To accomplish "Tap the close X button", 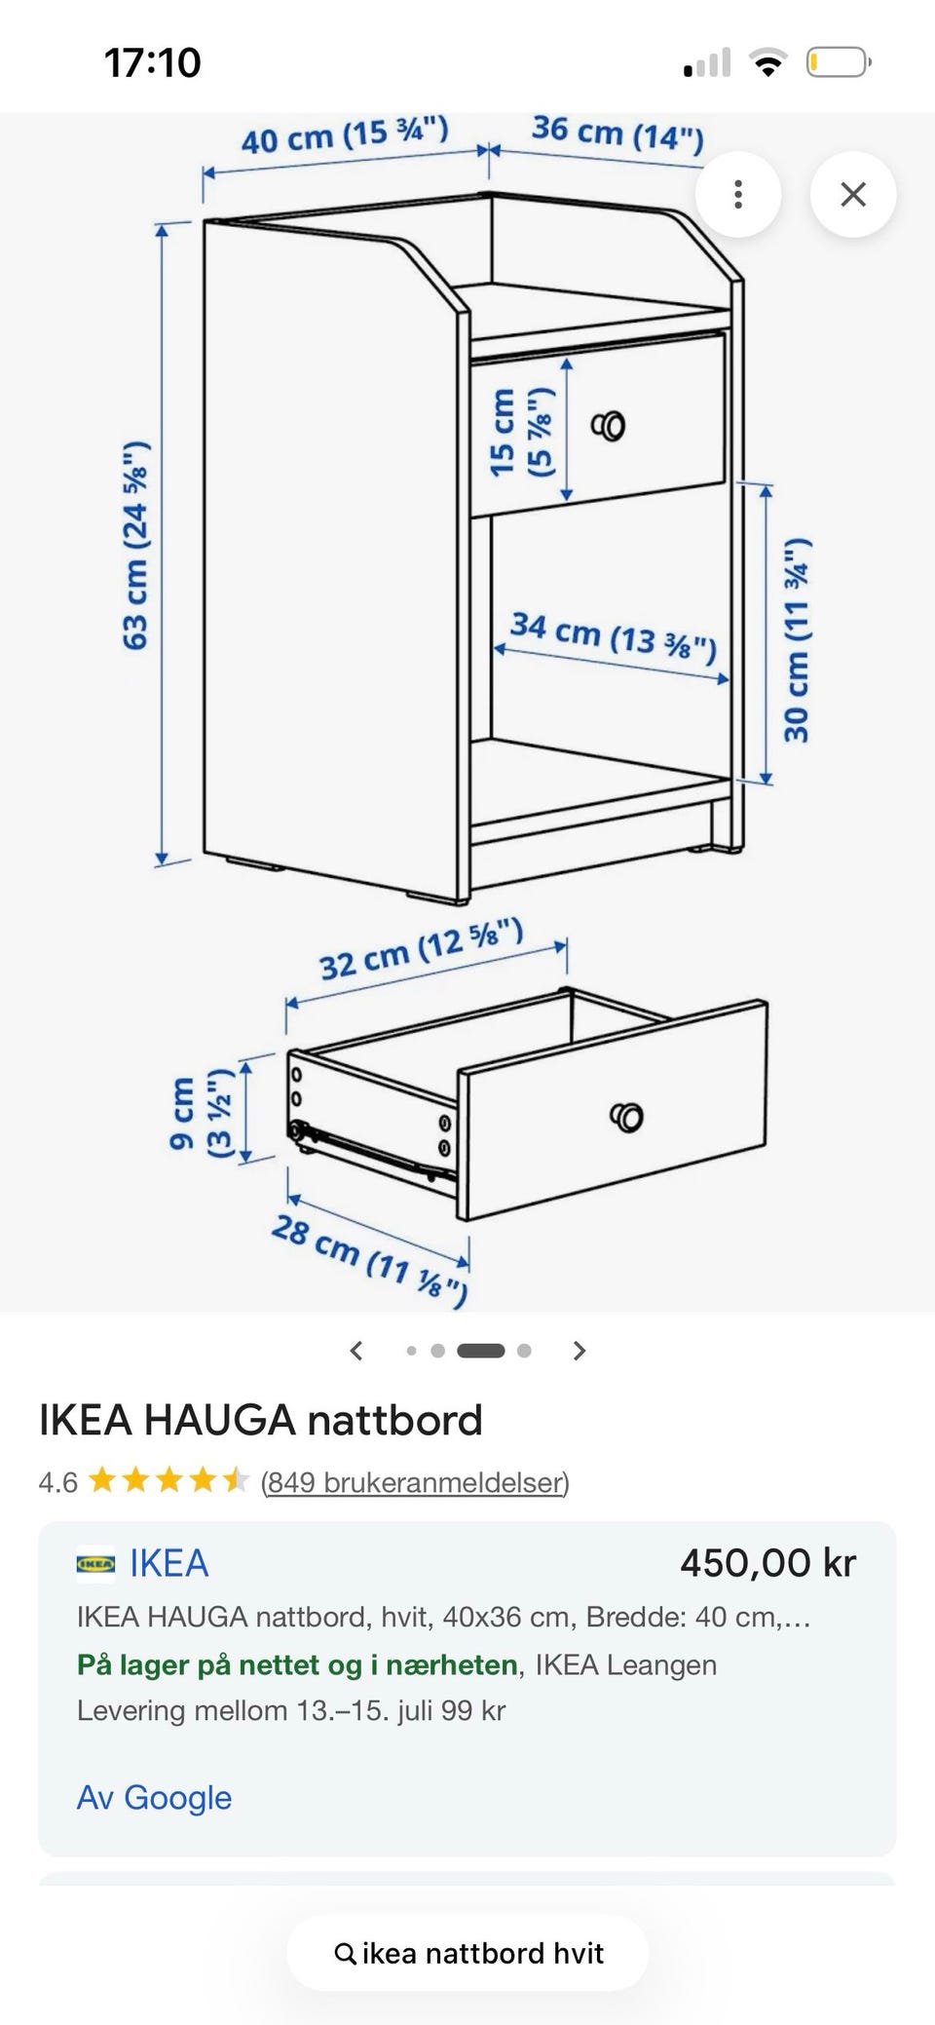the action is pos(853,194).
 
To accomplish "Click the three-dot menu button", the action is pos(738,194).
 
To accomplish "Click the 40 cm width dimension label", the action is pos(345,135).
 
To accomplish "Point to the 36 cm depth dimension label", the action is pos(617,133).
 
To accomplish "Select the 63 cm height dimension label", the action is pos(135,545).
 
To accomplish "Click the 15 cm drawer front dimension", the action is pos(521,432).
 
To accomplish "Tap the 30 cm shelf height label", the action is pos(797,639).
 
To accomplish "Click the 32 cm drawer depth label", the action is pos(422,949).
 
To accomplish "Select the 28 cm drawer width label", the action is pos(369,1258).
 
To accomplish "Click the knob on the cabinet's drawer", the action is pos(609,426).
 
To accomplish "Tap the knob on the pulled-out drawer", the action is pos(626,1117).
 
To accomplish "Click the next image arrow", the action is pos(580,1351).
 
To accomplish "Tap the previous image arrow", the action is pos(356,1351).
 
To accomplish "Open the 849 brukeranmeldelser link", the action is pos(415,1482).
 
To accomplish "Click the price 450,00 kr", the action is pos(768,1563).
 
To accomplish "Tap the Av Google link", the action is pos(154,1797).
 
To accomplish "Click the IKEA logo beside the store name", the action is pos(95,1563).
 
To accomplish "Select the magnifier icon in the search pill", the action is pos(345,1954).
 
